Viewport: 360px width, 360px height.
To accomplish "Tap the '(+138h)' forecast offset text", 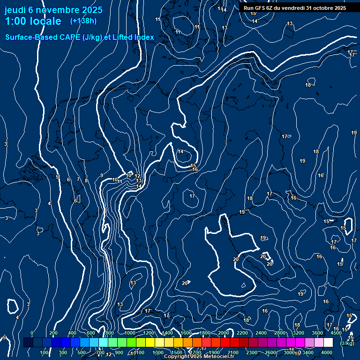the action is [83, 21].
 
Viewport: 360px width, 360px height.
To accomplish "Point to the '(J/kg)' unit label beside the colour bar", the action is [347, 343].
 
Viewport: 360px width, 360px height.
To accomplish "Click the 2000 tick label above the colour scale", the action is [224, 333].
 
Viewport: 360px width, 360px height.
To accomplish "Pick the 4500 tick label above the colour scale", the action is [336, 333].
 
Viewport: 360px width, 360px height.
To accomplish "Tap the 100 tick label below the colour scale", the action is [45, 352].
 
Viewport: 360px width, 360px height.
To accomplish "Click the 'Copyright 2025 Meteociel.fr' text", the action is [199, 357].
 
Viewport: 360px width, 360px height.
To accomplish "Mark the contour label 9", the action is [102, 175].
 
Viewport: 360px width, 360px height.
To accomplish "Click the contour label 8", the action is [86, 180].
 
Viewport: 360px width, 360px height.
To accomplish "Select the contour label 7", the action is [78, 179].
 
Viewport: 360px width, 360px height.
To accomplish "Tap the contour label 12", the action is [138, 176].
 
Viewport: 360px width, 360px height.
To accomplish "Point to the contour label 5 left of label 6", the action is [57, 177].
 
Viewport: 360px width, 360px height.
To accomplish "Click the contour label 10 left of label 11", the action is [114, 180].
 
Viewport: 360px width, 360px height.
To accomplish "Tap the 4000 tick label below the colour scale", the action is [327, 352].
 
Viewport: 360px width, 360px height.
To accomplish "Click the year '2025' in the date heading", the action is [92, 10].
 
